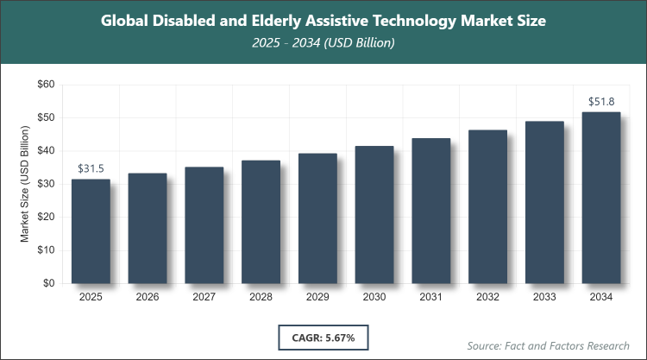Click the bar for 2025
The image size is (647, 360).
point(91,231)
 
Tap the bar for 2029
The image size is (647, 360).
point(317,218)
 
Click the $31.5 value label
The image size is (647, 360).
point(91,168)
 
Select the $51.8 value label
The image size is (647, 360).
point(601,101)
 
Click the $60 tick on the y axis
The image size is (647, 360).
point(45,85)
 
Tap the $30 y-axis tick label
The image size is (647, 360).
point(45,184)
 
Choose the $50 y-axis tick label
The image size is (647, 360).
point(45,117)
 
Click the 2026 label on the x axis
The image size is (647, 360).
point(148,296)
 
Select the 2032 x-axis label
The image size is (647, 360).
point(488,296)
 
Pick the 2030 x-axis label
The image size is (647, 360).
point(374,296)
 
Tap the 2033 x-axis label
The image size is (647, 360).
point(544,296)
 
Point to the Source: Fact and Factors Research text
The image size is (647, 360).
point(549,345)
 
